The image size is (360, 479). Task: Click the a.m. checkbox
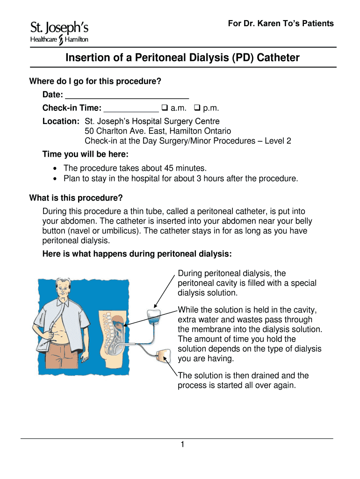pyautogui.click(x=165, y=108)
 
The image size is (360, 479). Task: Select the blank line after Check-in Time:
pyautogui.click(x=131, y=109)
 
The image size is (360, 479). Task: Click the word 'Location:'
pyautogui.click(x=61, y=122)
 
